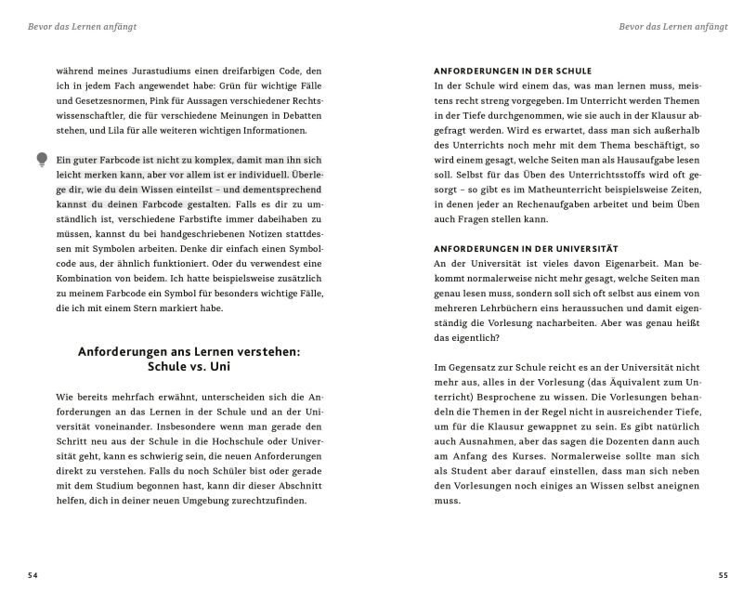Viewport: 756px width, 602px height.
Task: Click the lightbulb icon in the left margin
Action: pos(42,160)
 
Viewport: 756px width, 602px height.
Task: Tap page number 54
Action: pos(33,576)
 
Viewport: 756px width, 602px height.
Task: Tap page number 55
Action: pos(723,576)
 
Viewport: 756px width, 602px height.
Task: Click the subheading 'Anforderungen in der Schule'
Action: pos(513,71)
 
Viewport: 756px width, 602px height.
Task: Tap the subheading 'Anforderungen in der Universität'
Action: pos(526,249)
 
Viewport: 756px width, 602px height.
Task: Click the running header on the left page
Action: pos(83,27)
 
